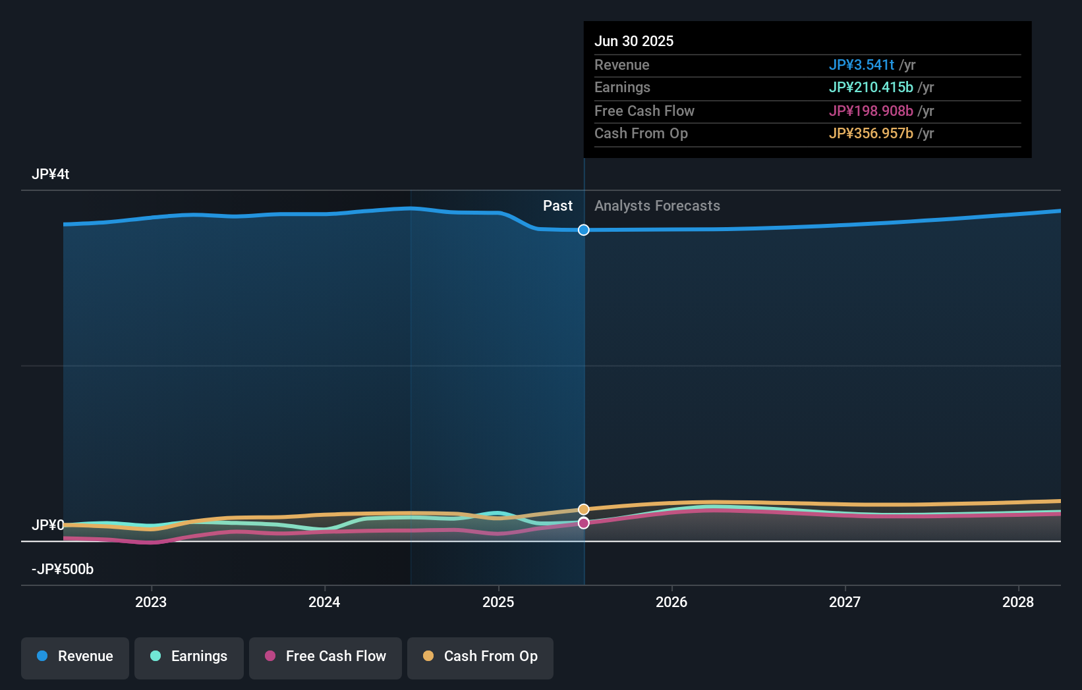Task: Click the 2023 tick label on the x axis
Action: pos(151,602)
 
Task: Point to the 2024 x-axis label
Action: pos(324,602)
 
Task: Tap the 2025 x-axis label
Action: pos(498,602)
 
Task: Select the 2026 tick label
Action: pos(671,602)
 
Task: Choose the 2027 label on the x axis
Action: pos(845,602)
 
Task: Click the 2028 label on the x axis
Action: pos(1018,602)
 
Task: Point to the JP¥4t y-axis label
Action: pos(50,174)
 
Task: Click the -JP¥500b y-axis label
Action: pos(63,569)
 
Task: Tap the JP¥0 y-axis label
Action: pos(47,525)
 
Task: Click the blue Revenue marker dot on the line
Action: pos(584,230)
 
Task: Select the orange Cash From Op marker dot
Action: pos(584,510)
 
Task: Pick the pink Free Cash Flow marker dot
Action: pos(584,523)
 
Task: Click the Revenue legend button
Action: pos(75,656)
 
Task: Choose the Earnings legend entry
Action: pos(189,656)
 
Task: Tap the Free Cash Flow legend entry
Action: pos(326,656)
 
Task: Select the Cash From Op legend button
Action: pos(480,656)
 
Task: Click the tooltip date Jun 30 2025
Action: pos(634,41)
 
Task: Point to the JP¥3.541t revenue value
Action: pos(861,65)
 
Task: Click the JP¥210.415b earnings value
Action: pos(870,87)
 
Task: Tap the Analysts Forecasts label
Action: pos(657,205)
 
